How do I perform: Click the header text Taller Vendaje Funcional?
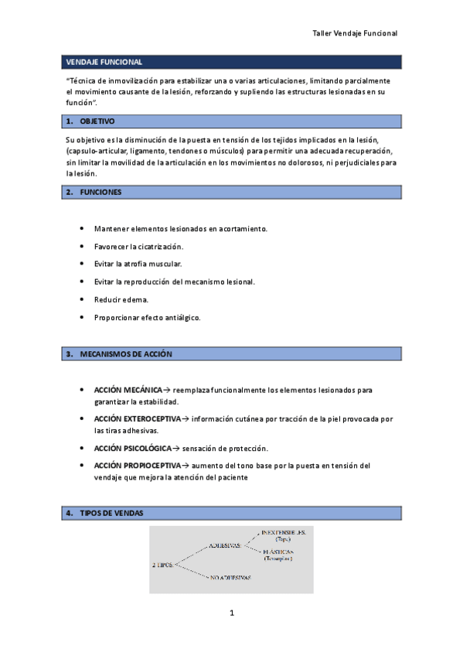point(354,34)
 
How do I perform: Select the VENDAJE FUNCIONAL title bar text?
point(104,62)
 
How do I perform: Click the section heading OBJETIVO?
point(97,121)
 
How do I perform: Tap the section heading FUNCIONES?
point(100,192)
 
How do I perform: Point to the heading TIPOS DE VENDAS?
point(111,513)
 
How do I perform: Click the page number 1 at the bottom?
point(231,613)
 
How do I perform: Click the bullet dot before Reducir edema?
point(82,299)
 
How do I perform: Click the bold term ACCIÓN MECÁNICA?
point(128,390)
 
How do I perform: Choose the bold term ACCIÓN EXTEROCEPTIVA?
point(137,419)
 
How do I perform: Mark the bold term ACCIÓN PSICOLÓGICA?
point(132,448)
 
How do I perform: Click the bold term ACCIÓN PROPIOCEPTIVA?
point(137,466)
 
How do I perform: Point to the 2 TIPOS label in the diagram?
point(164,564)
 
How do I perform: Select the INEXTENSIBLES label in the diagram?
point(284,533)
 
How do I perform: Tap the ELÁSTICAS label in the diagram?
point(282,551)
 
